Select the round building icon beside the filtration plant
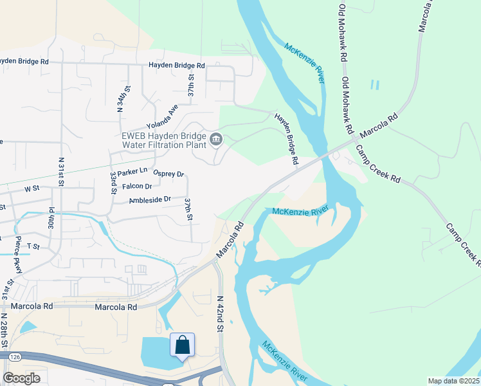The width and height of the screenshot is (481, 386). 215,139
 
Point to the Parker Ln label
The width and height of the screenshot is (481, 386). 132,172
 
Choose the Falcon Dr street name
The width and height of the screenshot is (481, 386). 136,187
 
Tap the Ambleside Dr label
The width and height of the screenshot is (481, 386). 150,199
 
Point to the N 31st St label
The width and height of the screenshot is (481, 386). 62,172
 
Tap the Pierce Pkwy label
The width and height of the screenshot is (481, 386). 18,255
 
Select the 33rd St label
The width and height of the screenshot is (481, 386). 113,184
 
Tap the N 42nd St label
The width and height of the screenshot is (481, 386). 220,314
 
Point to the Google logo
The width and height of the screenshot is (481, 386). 21,378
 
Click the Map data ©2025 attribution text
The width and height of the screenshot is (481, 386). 453,381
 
